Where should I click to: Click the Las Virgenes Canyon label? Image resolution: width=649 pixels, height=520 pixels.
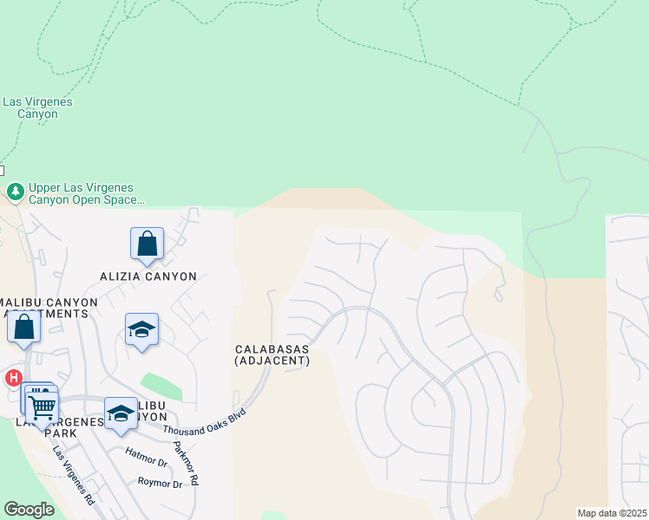(x=37, y=107)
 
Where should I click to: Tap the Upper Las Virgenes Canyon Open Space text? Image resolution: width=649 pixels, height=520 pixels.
(x=85, y=193)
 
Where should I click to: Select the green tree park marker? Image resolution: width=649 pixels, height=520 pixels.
(x=15, y=191)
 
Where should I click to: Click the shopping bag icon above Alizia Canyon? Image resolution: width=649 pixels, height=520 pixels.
(x=147, y=244)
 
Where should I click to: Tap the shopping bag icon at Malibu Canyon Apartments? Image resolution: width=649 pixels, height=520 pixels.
(x=23, y=328)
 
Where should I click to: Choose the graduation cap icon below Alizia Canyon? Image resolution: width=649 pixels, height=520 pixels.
(x=141, y=330)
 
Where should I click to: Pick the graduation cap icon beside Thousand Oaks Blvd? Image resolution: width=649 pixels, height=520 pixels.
(x=121, y=413)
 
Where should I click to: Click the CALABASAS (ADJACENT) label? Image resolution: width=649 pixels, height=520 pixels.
(x=272, y=354)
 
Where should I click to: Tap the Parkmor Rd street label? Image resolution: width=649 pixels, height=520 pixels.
(x=185, y=462)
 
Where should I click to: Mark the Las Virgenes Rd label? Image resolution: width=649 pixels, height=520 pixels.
(x=75, y=475)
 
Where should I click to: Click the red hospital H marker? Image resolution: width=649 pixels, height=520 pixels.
(x=13, y=378)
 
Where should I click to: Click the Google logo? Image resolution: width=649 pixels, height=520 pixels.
(x=29, y=510)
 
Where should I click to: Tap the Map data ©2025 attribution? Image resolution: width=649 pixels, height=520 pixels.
(x=612, y=513)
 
